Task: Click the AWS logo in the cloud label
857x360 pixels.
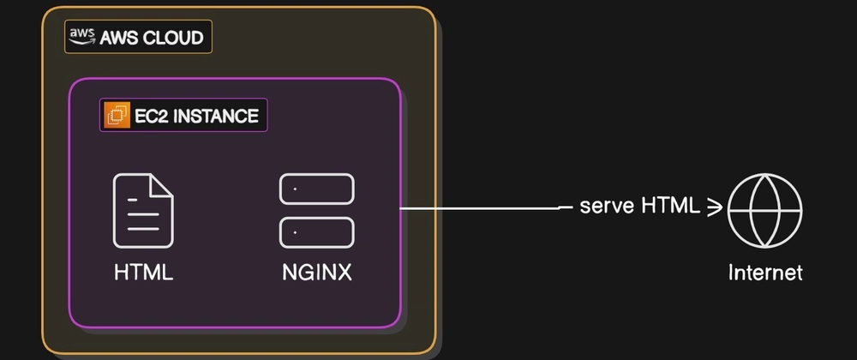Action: coord(82,35)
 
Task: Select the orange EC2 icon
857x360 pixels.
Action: coord(116,115)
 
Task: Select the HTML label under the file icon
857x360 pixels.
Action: coord(143,273)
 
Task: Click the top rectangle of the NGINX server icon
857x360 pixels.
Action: coord(316,189)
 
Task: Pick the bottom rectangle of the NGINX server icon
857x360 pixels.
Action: coord(316,231)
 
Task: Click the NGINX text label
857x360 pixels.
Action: coord(316,273)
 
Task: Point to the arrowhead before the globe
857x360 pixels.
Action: coord(714,207)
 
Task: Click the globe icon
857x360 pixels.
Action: coord(764,209)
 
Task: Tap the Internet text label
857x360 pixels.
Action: coord(764,273)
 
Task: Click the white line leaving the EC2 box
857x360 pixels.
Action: coord(480,207)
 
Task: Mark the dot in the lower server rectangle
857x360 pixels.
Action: coord(295,231)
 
